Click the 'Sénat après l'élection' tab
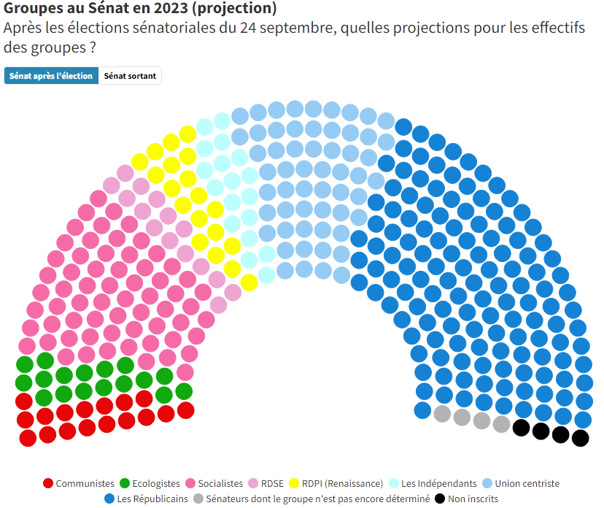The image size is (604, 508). pyautogui.click(x=51, y=76)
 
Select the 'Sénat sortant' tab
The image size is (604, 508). pyautogui.click(x=130, y=76)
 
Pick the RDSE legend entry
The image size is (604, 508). pyautogui.click(x=269, y=483)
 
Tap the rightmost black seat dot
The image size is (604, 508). pyautogui.click(x=581, y=438)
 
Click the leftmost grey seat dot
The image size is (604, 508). pyautogui.click(x=442, y=414)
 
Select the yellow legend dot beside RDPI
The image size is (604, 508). pyautogui.click(x=295, y=483)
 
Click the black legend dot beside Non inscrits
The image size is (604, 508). pyautogui.click(x=440, y=500)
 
